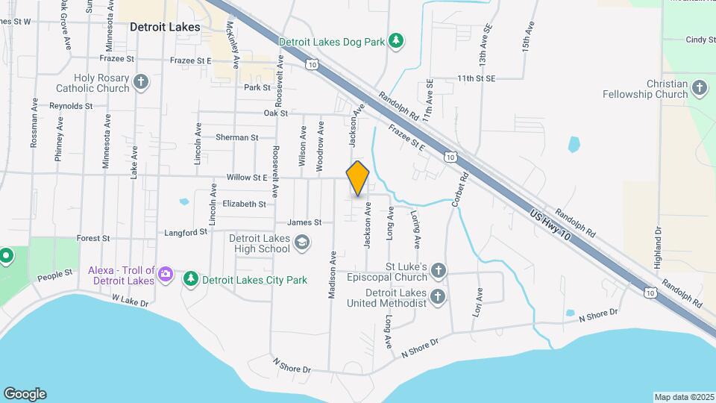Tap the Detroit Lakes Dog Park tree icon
click(x=398, y=41)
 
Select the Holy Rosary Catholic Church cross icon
click(x=141, y=81)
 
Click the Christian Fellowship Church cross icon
click(x=699, y=88)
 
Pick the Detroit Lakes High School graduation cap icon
click(x=301, y=242)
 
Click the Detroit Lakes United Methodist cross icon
click(x=438, y=297)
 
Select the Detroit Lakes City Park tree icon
click(x=191, y=280)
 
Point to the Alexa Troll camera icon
click(x=166, y=275)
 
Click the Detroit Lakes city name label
click(x=165, y=27)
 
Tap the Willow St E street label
click(x=246, y=178)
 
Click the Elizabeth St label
click(x=245, y=204)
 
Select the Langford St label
click(x=186, y=233)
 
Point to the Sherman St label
click(x=236, y=137)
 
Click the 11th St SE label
click(x=477, y=78)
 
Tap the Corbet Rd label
click(x=459, y=190)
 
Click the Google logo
click(x=25, y=394)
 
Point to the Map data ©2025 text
click(x=683, y=397)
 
